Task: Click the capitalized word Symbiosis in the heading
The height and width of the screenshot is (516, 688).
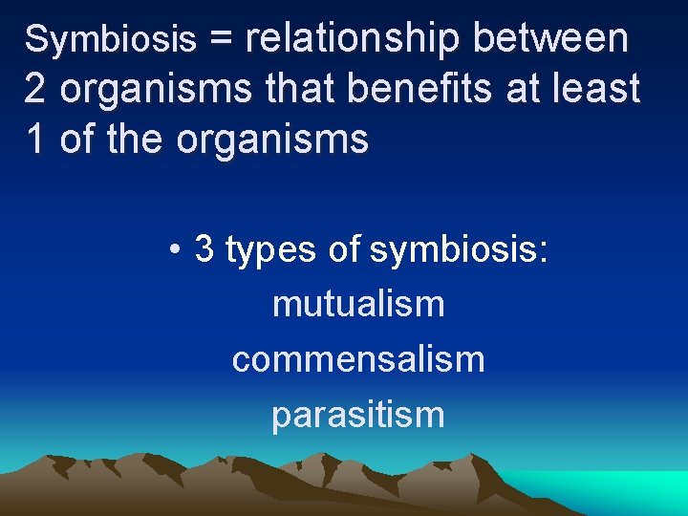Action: tap(110, 39)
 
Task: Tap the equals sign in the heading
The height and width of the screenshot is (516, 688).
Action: tap(221, 39)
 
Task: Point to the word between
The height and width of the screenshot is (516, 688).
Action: tap(550, 38)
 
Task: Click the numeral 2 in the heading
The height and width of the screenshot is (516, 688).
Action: tap(34, 89)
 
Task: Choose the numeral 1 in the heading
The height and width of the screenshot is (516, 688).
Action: tap(34, 140)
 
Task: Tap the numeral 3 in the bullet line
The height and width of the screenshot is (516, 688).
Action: tap(204, 249)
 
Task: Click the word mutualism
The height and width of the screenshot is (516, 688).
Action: tap(358, 305)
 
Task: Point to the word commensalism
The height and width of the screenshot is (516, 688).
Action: tap(358, 360)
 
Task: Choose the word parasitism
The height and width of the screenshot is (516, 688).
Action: tap(358, 416)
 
